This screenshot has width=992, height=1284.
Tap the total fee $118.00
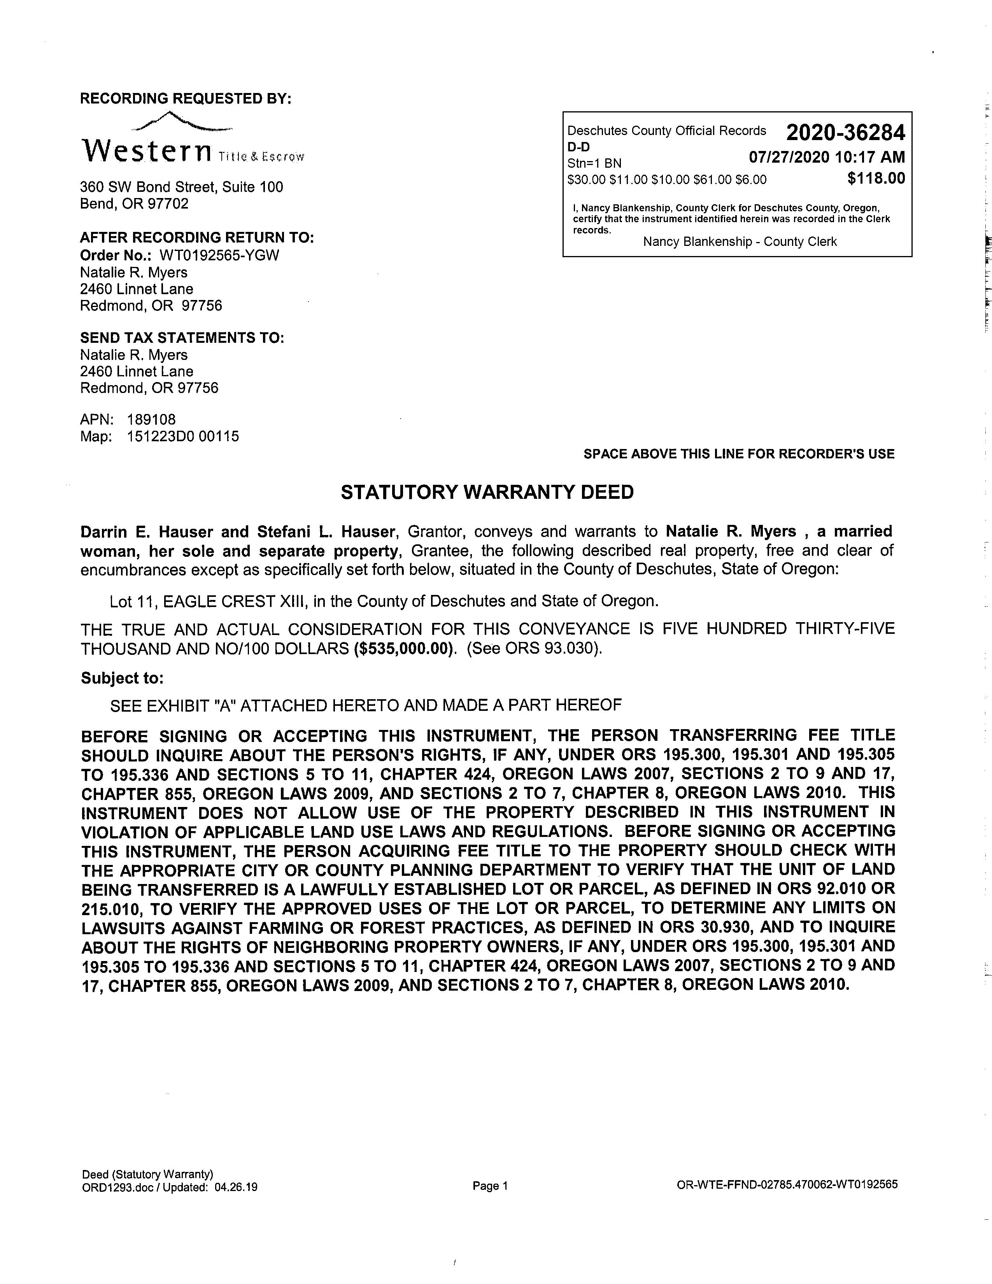pyautogui.click(x=876, y=178)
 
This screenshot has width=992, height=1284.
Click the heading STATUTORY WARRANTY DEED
pyautogui.click(x=487, y=492)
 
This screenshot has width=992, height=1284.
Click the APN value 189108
pyautogui.click(x=151, y=419)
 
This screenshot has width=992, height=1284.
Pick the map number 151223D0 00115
pyautogui.click(x=183, y=436)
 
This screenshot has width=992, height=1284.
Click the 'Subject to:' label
pyautogui.click(x=122, y=678)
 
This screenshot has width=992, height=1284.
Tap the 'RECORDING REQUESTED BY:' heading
pyautogui.click(x=186, y=98)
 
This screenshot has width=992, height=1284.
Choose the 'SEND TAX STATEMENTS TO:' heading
pyautogui.click(x=182, y=338)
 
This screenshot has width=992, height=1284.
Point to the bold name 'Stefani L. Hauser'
pyautogui.click(x=326, y=531)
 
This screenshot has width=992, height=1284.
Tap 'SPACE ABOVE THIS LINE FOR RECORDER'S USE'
pyautogui.click(x=739, y=454)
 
